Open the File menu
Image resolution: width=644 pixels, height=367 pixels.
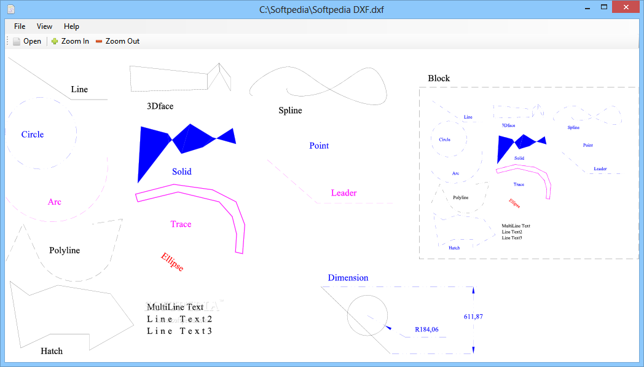coord(20,26)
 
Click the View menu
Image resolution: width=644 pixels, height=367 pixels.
coord(44,26)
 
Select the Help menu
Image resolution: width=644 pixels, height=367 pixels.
coord(71,26)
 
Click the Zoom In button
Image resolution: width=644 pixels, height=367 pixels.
coord(70,41)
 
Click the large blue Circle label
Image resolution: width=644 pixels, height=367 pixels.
coord(33,135)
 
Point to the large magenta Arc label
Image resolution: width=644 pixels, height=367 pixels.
coord(55,202)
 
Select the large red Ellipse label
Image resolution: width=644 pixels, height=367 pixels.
coord(172,262)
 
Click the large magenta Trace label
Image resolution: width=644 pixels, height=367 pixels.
coord(181,224)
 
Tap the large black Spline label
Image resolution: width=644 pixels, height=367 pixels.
coord(290,111)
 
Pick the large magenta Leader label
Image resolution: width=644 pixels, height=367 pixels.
coord(344,193)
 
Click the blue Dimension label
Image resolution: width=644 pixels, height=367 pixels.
coord(348,278)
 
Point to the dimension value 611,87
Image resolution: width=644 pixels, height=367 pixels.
coord(473,317)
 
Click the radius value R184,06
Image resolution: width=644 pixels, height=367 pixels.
coord(426,330)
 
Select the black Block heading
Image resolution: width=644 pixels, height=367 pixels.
coord(439,78)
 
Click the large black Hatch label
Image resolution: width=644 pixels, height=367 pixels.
coord(52,351)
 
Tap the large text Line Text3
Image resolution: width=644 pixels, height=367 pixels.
coord(179,331)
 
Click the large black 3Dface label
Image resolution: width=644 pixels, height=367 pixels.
coord(160,106)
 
